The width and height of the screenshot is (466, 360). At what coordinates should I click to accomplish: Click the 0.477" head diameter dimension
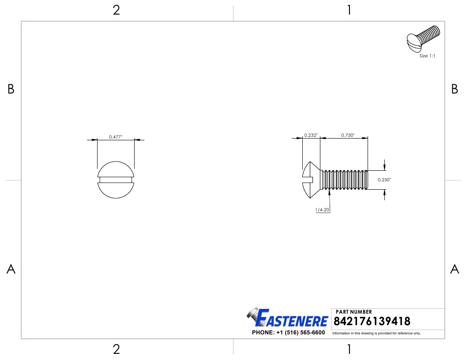116,137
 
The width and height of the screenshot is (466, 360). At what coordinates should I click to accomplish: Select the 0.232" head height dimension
311,135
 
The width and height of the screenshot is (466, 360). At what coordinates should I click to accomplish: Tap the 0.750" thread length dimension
348,135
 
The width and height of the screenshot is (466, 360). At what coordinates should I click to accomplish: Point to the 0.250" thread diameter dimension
384,180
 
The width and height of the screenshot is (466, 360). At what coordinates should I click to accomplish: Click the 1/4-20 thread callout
323,210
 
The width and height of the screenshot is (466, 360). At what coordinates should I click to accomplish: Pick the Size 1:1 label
427,56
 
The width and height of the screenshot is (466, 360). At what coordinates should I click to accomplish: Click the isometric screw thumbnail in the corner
423,39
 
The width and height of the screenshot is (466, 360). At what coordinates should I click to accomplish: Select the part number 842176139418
372,321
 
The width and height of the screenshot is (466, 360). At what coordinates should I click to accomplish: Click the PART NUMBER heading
353,311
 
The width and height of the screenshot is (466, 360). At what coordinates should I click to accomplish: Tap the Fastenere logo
287,318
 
